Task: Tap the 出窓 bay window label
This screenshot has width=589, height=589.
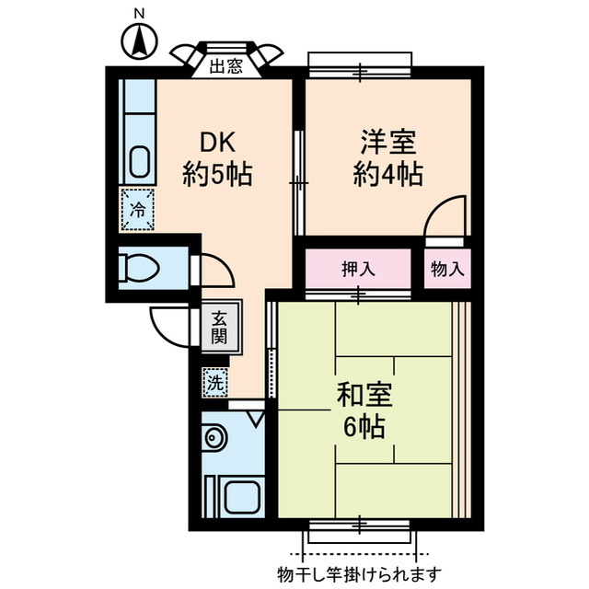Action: pos(226,66)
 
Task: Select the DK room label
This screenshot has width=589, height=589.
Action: pos(218,142)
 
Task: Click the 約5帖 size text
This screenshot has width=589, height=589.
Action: pos(217,174)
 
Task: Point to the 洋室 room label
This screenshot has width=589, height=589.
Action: pos(388,142)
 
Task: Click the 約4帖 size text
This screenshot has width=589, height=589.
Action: pos(388,174)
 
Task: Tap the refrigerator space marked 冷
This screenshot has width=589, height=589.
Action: pos(138,210)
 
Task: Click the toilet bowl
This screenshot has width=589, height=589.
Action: pos(139,268)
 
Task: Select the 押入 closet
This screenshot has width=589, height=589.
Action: pos(358,269)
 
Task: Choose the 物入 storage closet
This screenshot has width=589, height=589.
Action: pos(447,269)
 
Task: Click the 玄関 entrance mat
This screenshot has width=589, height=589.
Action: pos(220,327)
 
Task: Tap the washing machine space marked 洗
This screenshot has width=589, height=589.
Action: pos(215,383)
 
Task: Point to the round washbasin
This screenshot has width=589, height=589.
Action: pos(214,438)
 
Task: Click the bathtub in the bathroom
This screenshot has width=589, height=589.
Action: pos(242,497)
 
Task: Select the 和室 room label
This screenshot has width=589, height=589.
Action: pos(364,395)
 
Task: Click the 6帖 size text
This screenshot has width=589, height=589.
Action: pos(364,427)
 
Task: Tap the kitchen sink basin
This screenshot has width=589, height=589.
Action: pos(140,160)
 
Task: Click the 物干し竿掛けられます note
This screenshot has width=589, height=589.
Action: pos(360,573)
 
